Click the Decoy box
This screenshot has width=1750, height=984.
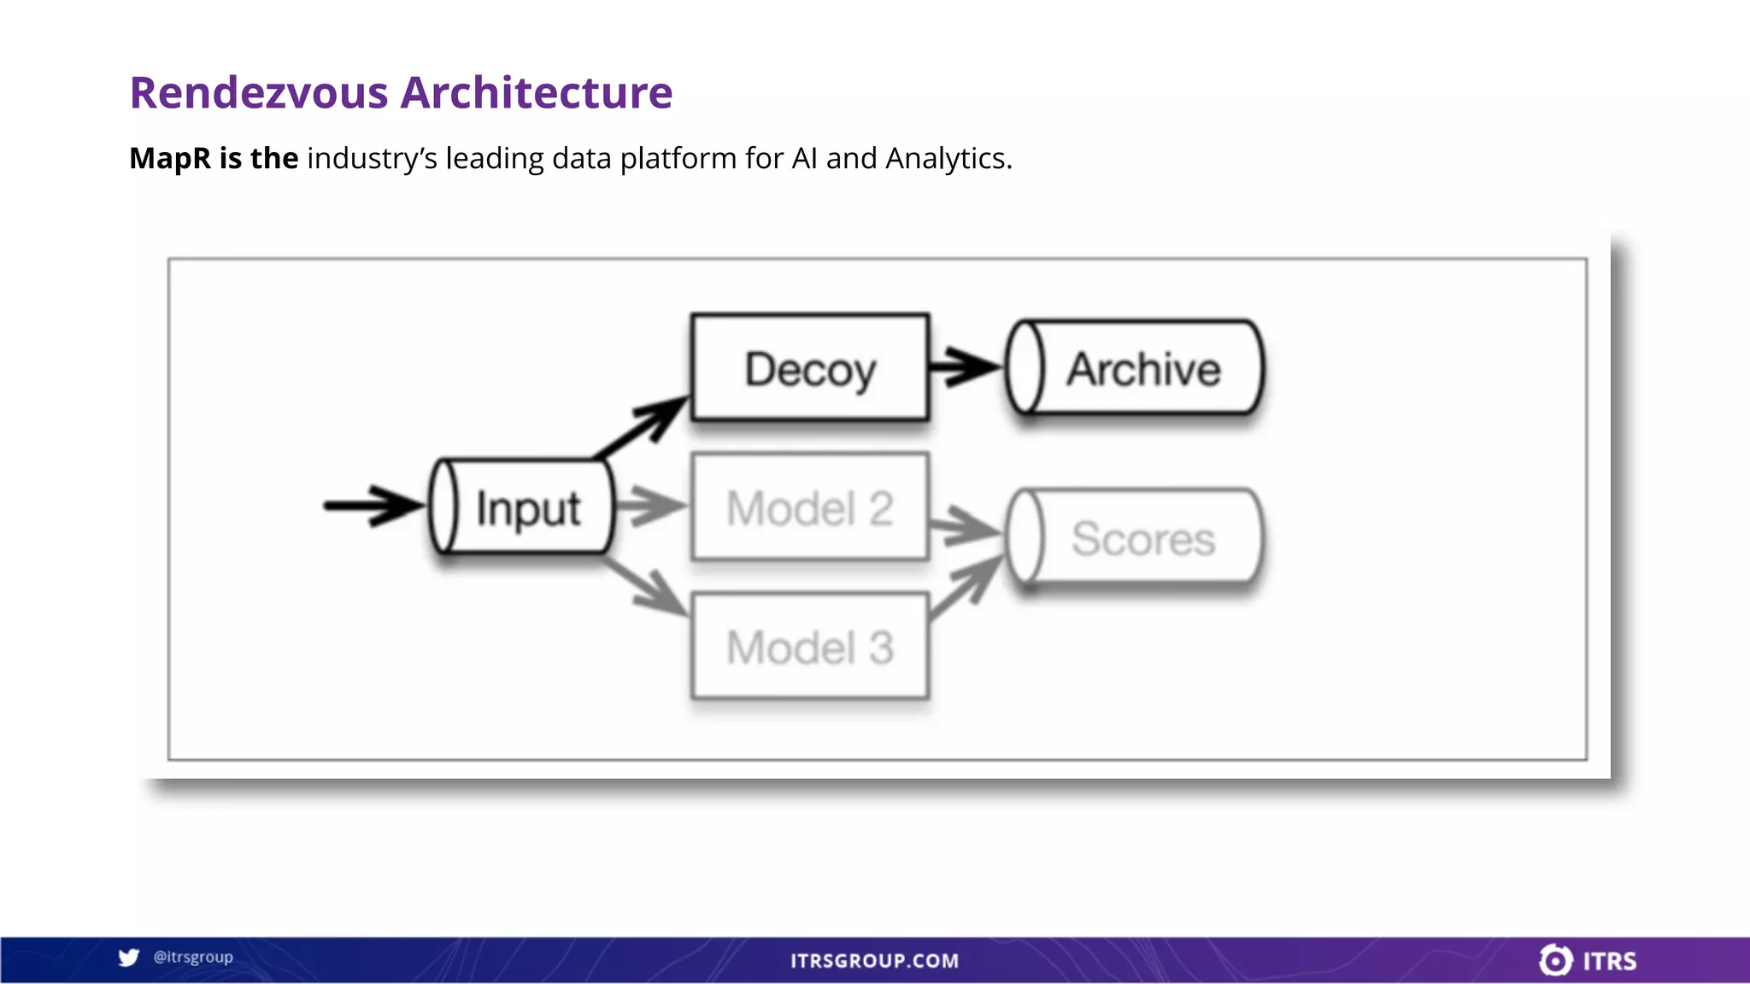pos(809,368)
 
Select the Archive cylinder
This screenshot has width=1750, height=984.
pos(1135,368)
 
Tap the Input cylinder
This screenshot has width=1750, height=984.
pos(522,507)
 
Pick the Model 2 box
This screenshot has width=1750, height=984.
pos(809,507)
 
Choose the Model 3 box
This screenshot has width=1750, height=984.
pos(809,647)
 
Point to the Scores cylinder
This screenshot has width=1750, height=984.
pos(1135,537)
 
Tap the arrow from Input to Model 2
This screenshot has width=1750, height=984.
pos(649,506)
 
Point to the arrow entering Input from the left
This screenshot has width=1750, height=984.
pos(373,506)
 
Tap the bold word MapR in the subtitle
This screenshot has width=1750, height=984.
pos(170,158)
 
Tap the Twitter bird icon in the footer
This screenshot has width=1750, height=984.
pos(129,958)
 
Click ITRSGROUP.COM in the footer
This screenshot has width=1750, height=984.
pos(874,961)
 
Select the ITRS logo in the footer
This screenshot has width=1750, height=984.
pos(1588,960)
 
